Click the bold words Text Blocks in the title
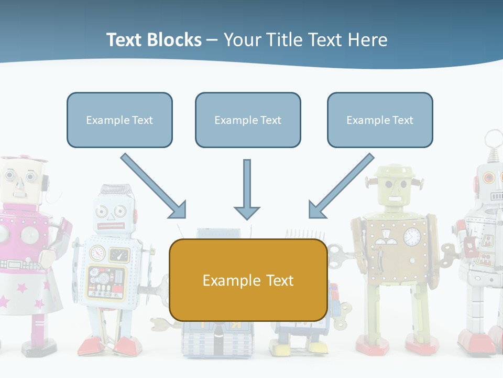pos(154,40)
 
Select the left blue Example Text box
pos(119,120)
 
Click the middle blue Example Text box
pos(248,120)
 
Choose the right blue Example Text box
pos(380,120)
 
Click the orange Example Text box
pos(248,280)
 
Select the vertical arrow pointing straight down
pos(247,189)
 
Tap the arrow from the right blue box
pos(342,185)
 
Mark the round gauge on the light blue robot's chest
pos(98,254)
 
